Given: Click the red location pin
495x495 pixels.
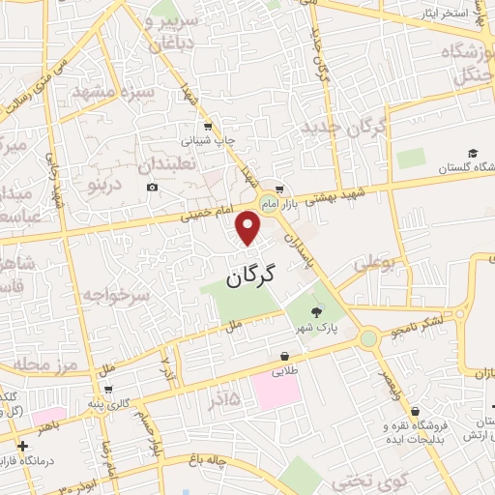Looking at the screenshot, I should click(x=250, y=227).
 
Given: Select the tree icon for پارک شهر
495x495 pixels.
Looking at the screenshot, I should click(x=317, y=311).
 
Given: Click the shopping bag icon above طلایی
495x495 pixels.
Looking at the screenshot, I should click(x=285, y=355).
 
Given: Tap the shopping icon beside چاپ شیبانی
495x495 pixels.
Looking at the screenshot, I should click(x=209, y=126).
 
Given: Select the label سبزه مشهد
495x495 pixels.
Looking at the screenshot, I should click(x=145, y=93).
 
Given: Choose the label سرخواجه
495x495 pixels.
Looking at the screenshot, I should click(x=116, y=292).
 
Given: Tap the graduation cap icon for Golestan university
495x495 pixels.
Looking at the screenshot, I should click(x=473, y=153).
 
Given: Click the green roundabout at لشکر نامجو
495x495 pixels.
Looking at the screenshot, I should click(x=367, y=338).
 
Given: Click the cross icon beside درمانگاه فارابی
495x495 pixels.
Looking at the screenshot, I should click(x=22, y=446).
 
